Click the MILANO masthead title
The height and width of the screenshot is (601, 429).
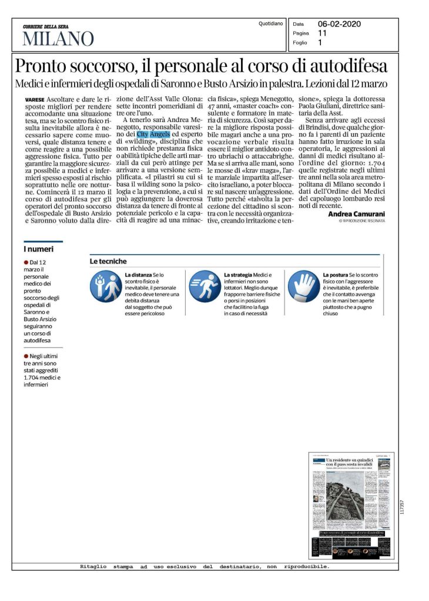click(58, 39)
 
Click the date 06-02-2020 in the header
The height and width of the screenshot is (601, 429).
click(339, 24)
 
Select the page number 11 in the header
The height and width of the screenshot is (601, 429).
click(323, 33)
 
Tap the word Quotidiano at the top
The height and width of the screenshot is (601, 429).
click(270, 23)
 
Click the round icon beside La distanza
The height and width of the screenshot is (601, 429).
click(105, 286)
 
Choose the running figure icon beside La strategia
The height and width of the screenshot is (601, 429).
click(204, 286)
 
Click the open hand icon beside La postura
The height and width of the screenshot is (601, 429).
click(304, 286)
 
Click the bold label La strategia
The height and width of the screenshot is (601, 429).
click(238, 275)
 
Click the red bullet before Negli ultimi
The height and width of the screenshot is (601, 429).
click(26, 356)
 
